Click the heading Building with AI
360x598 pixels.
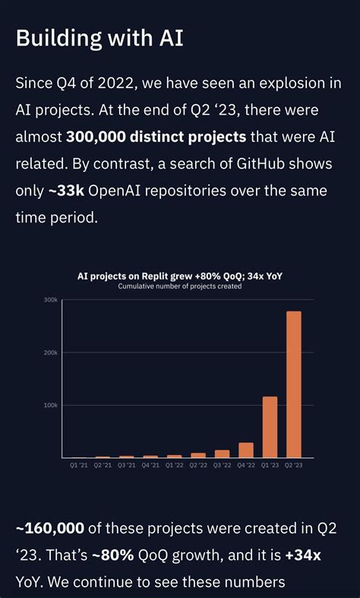tap(99, 38)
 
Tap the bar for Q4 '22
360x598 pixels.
tap(246, 450)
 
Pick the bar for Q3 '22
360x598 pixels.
tap(222, 454)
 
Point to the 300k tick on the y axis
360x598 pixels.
tap(50, 300)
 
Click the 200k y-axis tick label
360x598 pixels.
tap(50, 353)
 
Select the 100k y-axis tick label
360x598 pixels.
tap(50, 405)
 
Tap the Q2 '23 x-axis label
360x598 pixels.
tap(294, 464)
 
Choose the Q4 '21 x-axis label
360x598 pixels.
tap(150, 464)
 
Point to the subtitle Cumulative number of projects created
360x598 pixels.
tap(179, 286)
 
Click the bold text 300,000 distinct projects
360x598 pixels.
tap(156, 137)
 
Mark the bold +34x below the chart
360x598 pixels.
tap(302, 555)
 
